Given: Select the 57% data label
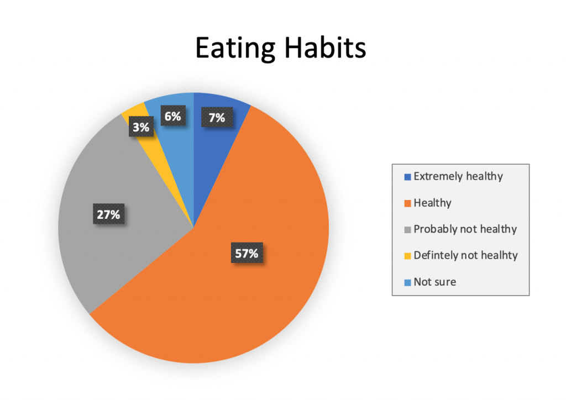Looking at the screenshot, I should pyautogui.click(x=246, y=254).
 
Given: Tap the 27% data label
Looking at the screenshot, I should pyautogui.click(x=108, y=214).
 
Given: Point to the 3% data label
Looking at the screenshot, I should pyautogui.click(x=141, y=127).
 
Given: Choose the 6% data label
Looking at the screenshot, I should pyautogui.click(x=171, y=117).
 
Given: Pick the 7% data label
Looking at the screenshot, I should pyautogui.click(x=217, y=117).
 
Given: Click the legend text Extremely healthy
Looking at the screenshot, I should pyautogui.click(x=458, y=177).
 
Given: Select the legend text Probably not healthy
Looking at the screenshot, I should pyautogui.click(x=465, y=229).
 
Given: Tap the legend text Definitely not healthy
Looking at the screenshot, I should pyautogui.click(x=465, y=255).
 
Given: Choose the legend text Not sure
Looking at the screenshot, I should pyautogui.click(x=434, y=282).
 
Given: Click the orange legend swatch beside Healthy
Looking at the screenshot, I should pyautogui.click(x=408, y=204).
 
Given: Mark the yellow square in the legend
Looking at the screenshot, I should pyautogui.click(x=408, y=256).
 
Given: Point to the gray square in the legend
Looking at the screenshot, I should pyautogui.click(x=408, y=230).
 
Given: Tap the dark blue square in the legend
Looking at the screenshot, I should pyautogui.click(x=408, y=177).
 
